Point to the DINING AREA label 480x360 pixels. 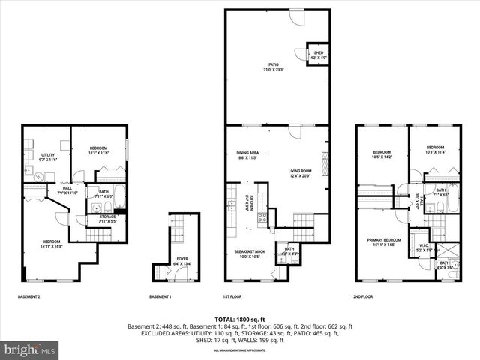click(x=247, y=155)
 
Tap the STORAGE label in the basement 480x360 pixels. click(x=107, y=219)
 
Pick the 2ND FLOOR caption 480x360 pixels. click(x=362, y=297)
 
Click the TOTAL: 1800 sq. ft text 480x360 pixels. click(x=239, y=319)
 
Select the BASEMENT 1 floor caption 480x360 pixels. click(x=160, y=297)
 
